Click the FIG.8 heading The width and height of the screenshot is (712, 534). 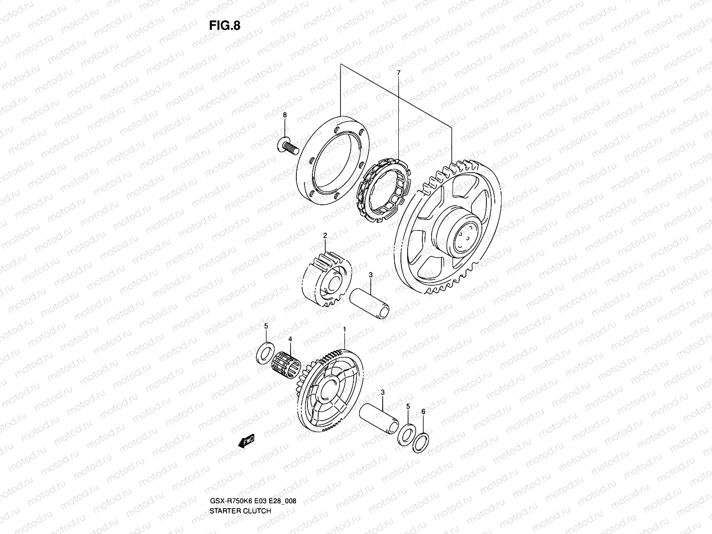[x=224, y=25]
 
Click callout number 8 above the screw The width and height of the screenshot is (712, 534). [x=285, y=115]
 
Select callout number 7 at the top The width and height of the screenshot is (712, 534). [x=398, y=72]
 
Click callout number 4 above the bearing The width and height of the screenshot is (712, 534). [x=290, y=339]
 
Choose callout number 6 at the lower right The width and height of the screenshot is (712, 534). [x=423, y=412]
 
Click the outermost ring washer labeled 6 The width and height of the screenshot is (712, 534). [x=421, y=441]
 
